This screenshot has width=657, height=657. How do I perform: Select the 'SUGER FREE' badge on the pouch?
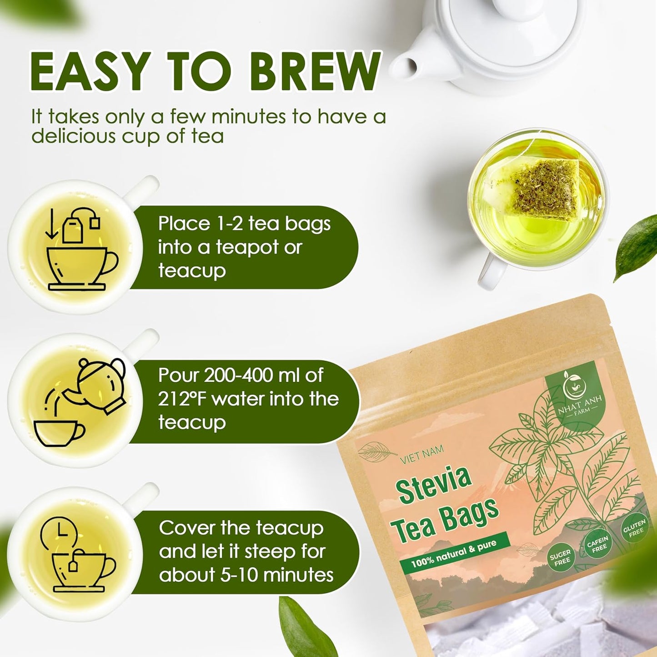tap(560, 559)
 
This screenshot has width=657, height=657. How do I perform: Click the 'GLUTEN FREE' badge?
tap(634, 529)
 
